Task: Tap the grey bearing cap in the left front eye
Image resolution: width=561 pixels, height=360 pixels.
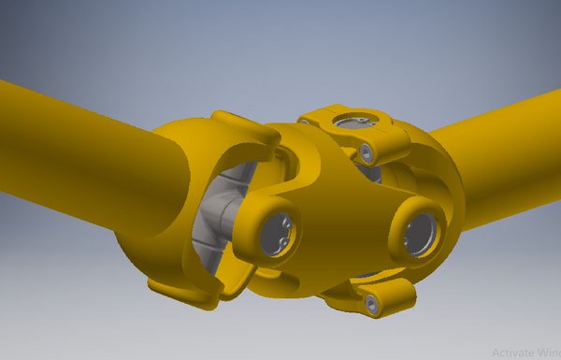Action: (278, 232)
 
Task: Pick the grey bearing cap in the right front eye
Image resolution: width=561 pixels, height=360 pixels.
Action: (419, 234)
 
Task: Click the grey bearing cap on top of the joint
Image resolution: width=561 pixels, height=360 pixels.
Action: (351, 121)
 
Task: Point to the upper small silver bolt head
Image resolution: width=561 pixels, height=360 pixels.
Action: (367, 151)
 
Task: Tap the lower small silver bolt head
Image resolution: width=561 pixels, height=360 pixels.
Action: (372, 303)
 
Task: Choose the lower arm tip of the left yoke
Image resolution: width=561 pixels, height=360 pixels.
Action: (201, 295)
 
